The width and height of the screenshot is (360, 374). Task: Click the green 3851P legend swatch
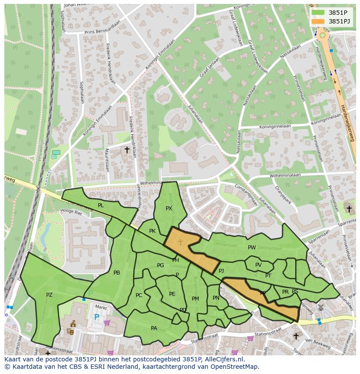click(318, 13)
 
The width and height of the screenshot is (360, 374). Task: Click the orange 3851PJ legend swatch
click(318, 21)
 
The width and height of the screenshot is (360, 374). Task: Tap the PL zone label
click(101, 205)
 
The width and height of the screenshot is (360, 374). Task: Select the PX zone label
click(169, 209)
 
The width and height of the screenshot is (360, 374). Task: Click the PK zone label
click(152, 231)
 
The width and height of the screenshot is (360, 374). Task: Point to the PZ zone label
click(49, 295)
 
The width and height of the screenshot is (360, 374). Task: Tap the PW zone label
click(252, 248)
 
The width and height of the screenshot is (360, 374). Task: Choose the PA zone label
click(154, 328)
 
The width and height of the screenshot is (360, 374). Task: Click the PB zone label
click(117, 273)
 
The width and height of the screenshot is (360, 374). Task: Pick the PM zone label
click(195, 298)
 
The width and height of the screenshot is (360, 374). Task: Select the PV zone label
click(258, 265)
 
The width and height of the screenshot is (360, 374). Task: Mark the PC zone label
click(139, 295)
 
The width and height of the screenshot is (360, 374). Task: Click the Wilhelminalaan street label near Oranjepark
click(285, 175)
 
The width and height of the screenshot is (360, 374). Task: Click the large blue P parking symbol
click(97, 317)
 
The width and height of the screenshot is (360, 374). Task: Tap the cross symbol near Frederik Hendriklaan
click(127, 150)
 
